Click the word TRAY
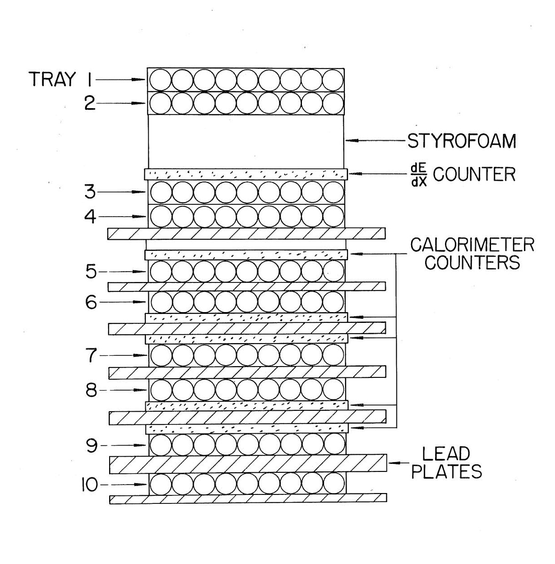click(x=53, y=79)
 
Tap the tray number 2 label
click(x=90, y=103)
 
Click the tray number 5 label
click(x=90, y=271)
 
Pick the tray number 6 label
click(x=90, y=302)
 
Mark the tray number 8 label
click(x=90, y=390)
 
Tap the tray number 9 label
click(x=90, y=445)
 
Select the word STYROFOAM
click(x=461, y=141)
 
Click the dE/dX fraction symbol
click(x=418, y=174)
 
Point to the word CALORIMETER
click(x=472, y=245)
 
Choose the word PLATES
click(x=447, y=471)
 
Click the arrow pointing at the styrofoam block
click(x=376, y=140)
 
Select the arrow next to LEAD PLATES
click(x=400, y=463)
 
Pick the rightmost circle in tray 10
click(x=334, y=484)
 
